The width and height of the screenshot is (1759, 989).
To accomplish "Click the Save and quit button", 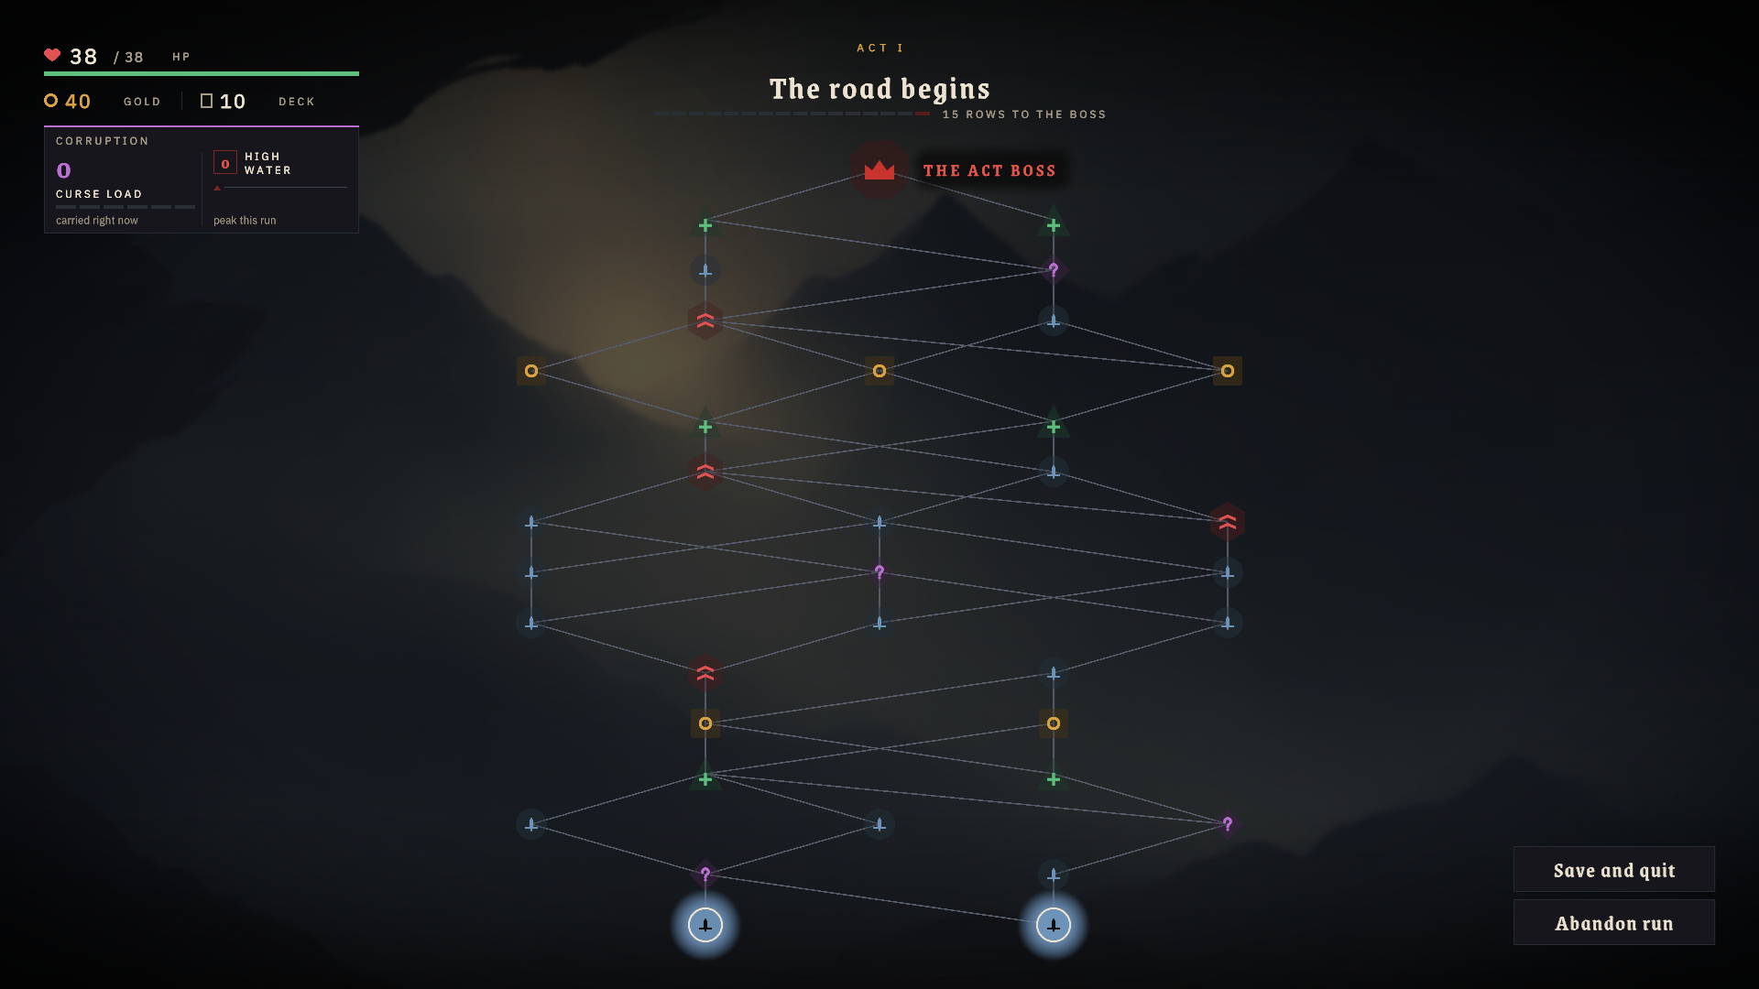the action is (1613, 870).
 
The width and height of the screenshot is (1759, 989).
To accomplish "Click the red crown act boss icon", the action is (879, 170).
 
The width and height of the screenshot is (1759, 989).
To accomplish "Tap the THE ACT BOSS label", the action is (989, 171).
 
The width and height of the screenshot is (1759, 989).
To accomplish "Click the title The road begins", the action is (879, 89).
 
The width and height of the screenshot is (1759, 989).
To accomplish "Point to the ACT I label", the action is (879, 48).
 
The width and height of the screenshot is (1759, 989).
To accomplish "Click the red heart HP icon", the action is (52, 55).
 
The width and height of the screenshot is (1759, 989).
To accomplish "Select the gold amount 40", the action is (78, 102).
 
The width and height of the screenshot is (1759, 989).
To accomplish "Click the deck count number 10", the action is (233, 102).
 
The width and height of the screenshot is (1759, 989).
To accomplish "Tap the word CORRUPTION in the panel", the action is (103, 141).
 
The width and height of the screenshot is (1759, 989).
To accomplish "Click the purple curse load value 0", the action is (63, 170).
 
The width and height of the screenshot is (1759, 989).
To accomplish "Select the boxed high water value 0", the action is (225, 163).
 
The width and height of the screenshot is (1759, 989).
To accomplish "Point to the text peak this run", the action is (245, 221).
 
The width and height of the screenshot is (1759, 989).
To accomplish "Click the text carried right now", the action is (97, 221).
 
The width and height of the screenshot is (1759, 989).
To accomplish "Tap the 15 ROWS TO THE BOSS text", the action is (1024, 114).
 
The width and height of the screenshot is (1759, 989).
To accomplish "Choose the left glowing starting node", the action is (705, 925).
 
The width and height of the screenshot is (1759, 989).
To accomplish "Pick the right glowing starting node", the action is (1054, 925).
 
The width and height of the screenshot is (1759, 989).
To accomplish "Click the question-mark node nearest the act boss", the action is (1054, 270).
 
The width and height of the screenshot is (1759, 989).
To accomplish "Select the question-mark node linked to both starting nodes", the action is (705, 875).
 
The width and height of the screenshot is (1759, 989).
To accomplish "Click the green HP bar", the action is (202, 73).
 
